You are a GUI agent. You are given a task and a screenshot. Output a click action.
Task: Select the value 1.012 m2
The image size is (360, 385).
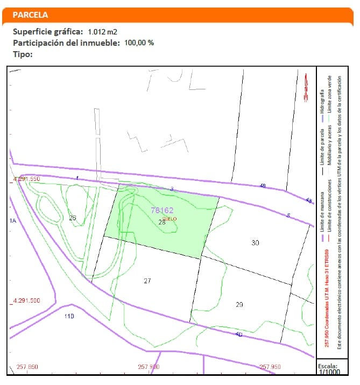pos(102,32)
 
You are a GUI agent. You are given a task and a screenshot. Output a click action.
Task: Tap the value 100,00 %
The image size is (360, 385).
pos(139,43)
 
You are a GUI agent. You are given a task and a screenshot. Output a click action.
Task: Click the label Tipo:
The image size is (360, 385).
pos(23,54)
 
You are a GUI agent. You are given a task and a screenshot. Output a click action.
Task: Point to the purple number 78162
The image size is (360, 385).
pos(162,211)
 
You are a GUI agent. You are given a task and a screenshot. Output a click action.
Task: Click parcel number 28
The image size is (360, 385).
pos(161,221)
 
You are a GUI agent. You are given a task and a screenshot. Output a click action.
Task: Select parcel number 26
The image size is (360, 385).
pos(73,218)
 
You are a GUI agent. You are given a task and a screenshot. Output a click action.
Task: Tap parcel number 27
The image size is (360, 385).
pos(147,281)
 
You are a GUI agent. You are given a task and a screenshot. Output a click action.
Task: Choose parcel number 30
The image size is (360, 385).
pos(255,243)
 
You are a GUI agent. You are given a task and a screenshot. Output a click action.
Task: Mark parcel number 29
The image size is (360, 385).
pos(239,304)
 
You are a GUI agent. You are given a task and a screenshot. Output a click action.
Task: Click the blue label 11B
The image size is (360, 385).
pos(69,316)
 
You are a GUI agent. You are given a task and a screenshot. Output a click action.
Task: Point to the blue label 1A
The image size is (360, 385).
pos(13,221)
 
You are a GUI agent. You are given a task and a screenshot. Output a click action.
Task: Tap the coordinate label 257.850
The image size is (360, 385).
pos(27,367)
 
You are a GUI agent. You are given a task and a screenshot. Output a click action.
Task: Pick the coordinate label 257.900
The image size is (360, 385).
pos(149,367)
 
